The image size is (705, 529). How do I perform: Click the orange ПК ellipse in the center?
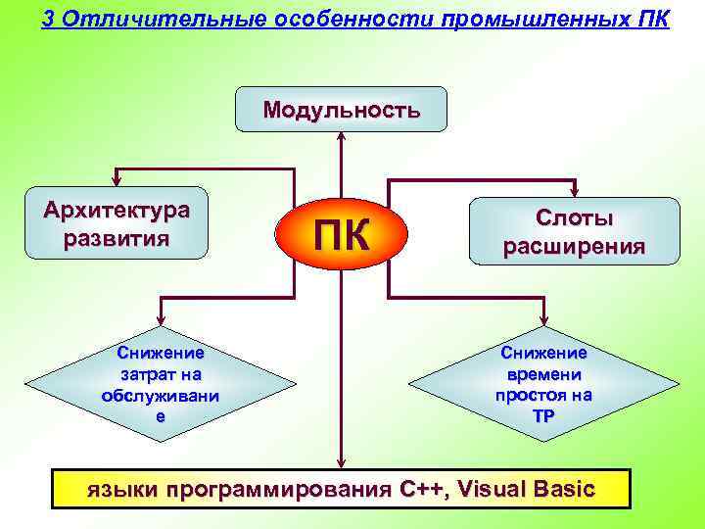341,235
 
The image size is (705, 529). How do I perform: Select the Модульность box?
341,109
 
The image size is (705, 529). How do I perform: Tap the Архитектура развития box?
117,223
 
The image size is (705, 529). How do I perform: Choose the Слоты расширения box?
574,232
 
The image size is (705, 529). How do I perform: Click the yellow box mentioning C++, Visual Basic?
341,489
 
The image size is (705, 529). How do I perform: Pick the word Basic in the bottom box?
565,489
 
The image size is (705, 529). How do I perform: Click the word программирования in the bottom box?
277,489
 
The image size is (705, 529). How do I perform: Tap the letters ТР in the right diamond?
543,414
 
